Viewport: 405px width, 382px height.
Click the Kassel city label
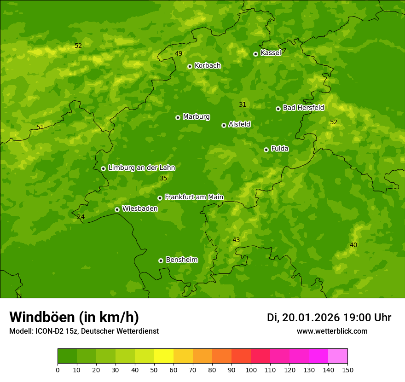271,53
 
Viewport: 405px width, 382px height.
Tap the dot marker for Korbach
190,66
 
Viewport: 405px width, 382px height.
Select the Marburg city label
196,116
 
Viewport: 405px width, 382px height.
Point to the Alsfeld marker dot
224,125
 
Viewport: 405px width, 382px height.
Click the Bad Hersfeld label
303,108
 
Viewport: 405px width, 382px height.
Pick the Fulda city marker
266,150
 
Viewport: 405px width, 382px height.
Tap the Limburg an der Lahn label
141,168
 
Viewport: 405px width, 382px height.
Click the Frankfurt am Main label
194,197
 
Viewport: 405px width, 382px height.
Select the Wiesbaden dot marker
117,209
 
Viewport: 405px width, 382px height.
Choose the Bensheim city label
181,260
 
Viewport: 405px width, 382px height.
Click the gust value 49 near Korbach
179,53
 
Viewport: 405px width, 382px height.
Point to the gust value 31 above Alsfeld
243,104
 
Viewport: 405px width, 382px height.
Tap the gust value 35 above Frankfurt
163,178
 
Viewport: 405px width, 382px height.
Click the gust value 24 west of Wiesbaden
81,217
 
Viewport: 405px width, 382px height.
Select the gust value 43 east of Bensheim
236,240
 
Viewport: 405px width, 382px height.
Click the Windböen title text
74,317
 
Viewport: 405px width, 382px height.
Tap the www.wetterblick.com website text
332,331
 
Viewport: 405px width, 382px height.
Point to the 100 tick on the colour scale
251,370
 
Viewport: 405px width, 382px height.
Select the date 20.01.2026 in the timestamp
311,318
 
